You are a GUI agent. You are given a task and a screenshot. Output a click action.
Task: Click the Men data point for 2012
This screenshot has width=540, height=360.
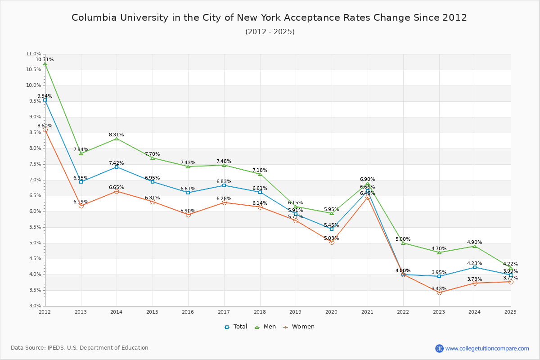pos(45,64)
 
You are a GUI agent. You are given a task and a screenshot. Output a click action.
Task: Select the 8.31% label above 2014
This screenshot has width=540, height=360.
pos(116,135)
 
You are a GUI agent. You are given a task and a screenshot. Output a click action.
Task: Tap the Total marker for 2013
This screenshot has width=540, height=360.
pos(81,182)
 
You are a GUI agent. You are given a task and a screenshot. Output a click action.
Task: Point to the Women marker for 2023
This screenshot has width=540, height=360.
pos(439,292)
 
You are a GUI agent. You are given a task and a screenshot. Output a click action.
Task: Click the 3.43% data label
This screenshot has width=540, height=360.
pos(439,288)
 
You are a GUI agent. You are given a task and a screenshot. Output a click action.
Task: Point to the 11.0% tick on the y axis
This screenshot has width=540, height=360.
pos(34,54)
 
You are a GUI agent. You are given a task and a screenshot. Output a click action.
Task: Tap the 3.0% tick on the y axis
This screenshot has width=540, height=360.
pos(35,306)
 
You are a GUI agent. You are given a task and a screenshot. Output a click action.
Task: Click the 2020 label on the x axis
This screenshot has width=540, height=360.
pos(331,311)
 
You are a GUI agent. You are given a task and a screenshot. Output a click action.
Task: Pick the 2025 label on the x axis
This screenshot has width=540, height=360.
pos(510,311)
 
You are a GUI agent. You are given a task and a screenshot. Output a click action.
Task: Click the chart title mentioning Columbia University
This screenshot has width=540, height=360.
pos(269,18)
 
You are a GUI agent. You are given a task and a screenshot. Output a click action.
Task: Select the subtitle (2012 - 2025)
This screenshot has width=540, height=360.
pos(270,31)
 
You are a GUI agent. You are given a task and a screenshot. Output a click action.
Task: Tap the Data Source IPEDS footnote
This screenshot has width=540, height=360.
pos(80,348)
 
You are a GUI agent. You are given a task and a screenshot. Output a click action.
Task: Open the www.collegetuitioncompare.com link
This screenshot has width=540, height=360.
pos(487,348)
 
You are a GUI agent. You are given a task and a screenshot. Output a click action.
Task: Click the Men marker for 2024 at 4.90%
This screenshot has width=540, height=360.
pos(475,246)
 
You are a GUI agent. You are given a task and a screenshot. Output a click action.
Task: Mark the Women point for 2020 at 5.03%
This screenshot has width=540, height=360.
pos(332,242)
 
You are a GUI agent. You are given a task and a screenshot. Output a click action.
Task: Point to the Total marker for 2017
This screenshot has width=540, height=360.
pos(224,185)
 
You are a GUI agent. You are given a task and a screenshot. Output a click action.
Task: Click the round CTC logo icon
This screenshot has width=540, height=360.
pos(439,348)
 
